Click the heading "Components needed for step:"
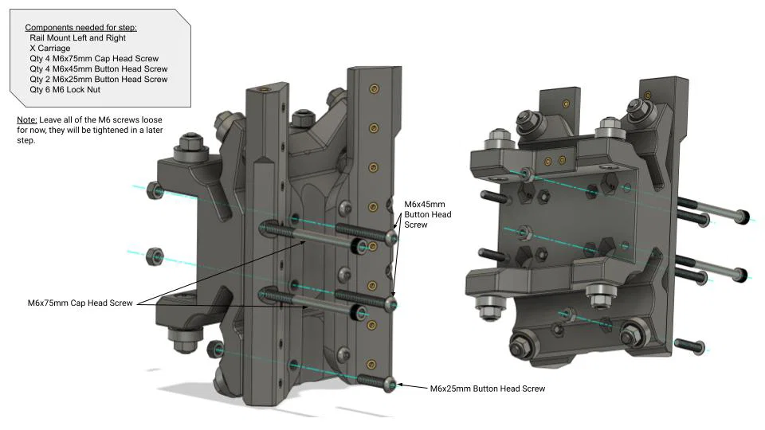tap(80, 27)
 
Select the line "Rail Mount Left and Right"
tap(77, 37)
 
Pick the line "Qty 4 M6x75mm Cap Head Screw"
tap(94, 58)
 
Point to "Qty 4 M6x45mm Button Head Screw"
tap(98, 68)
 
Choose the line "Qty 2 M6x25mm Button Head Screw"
tap(98, 79)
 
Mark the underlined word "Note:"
tap(26, 119)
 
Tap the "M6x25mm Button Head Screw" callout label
tap(488, 389)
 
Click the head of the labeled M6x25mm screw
tap(390, 383)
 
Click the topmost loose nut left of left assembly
tap(155, 190)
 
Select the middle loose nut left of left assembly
tap(154, 256)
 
